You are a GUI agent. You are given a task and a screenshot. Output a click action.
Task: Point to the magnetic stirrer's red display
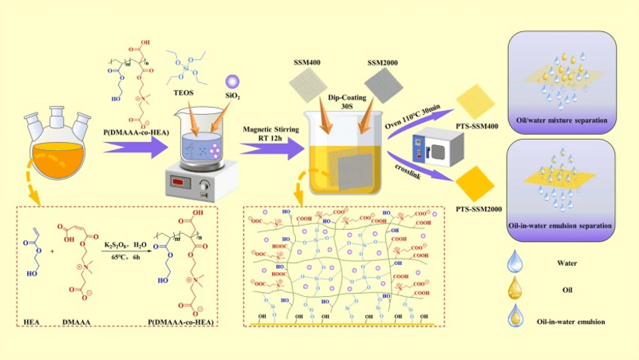[x=180, y=181]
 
